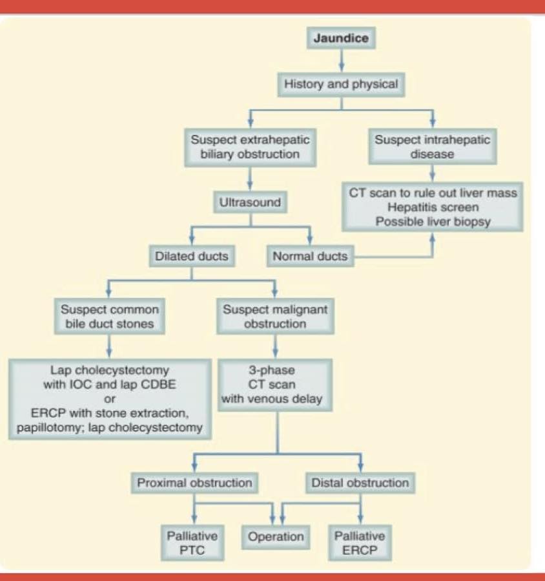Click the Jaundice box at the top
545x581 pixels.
[x=341, y=37]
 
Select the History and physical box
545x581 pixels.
[x=341, y=85]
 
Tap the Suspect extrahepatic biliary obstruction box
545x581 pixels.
[x=251, y=147]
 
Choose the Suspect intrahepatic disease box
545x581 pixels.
[x=433, y=146]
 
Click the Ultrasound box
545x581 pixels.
[x=251, y=202]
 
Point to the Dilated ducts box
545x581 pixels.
[x=192, y=256]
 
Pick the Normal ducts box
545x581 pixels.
[x=310, y=256]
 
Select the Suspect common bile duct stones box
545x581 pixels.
[x=110, y=317]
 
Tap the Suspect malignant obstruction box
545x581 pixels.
[x=275, y=317]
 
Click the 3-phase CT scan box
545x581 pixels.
[x=274, y=385]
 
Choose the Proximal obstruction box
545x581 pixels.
[x=195, y=483]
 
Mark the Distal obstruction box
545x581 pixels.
[x=360, y=483]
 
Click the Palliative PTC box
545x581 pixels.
[x=192, y=543]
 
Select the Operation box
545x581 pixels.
[x=276, y=537]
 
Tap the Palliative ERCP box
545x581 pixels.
[x=360, y=543]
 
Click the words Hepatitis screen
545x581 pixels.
[x=433, y=207]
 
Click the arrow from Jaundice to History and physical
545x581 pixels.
[x=342, y=60]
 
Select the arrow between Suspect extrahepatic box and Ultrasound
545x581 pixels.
[x=251, y=178]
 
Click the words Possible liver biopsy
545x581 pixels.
[x=433, y=222]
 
